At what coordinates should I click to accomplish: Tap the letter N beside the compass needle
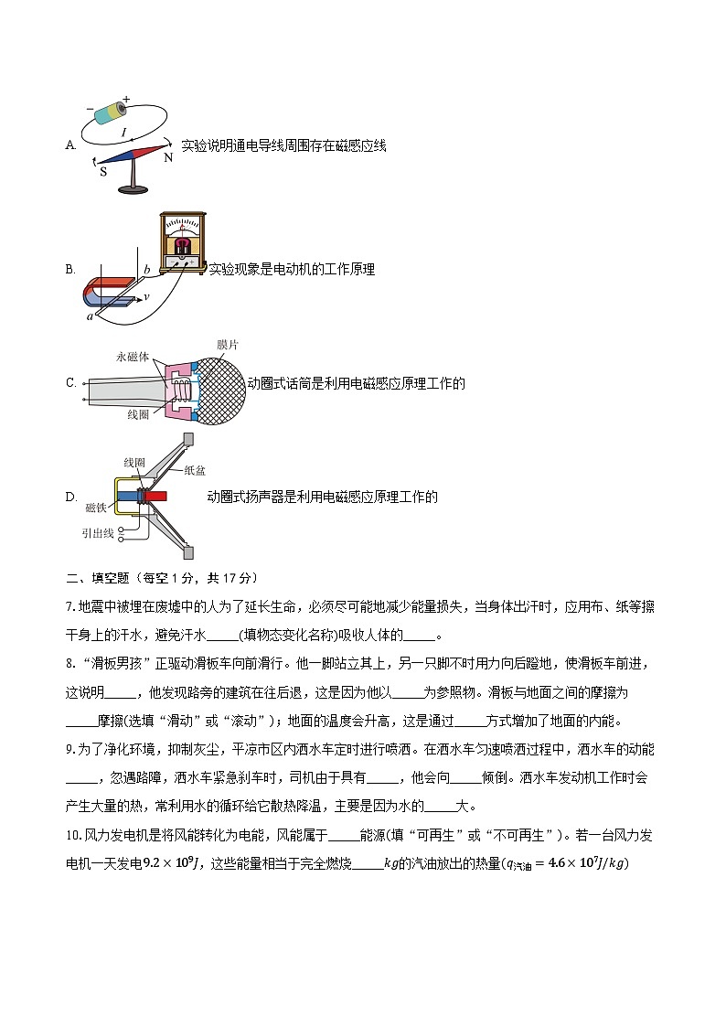167,158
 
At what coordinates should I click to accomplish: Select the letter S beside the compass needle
102,170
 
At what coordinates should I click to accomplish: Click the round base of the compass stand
133,189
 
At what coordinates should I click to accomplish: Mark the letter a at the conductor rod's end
90,316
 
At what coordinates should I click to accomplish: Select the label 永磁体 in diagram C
133,357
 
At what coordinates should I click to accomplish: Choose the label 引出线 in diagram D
96,532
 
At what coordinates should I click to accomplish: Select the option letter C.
70,383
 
